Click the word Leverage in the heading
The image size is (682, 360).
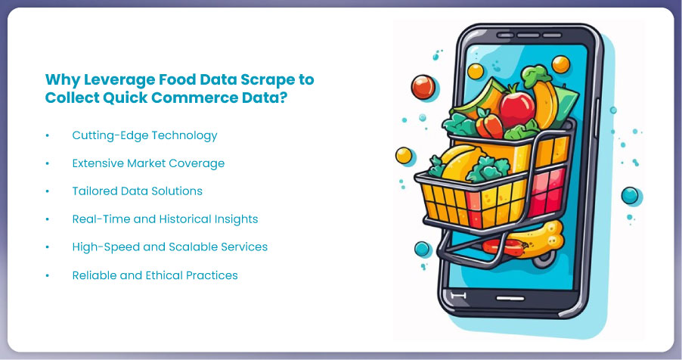click(119, 80)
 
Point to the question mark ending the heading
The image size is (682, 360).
click(284, 98)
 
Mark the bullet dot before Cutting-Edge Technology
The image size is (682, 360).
click(48, 136)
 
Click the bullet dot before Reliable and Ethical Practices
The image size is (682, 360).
click(48, 275)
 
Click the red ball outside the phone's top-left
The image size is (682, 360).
click(423, 87)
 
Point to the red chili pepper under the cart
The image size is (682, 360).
click(504, 247)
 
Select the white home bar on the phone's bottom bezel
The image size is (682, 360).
click(510, 298)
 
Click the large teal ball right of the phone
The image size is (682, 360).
click(630, 195)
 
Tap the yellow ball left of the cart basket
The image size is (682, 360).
click(404, 155)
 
